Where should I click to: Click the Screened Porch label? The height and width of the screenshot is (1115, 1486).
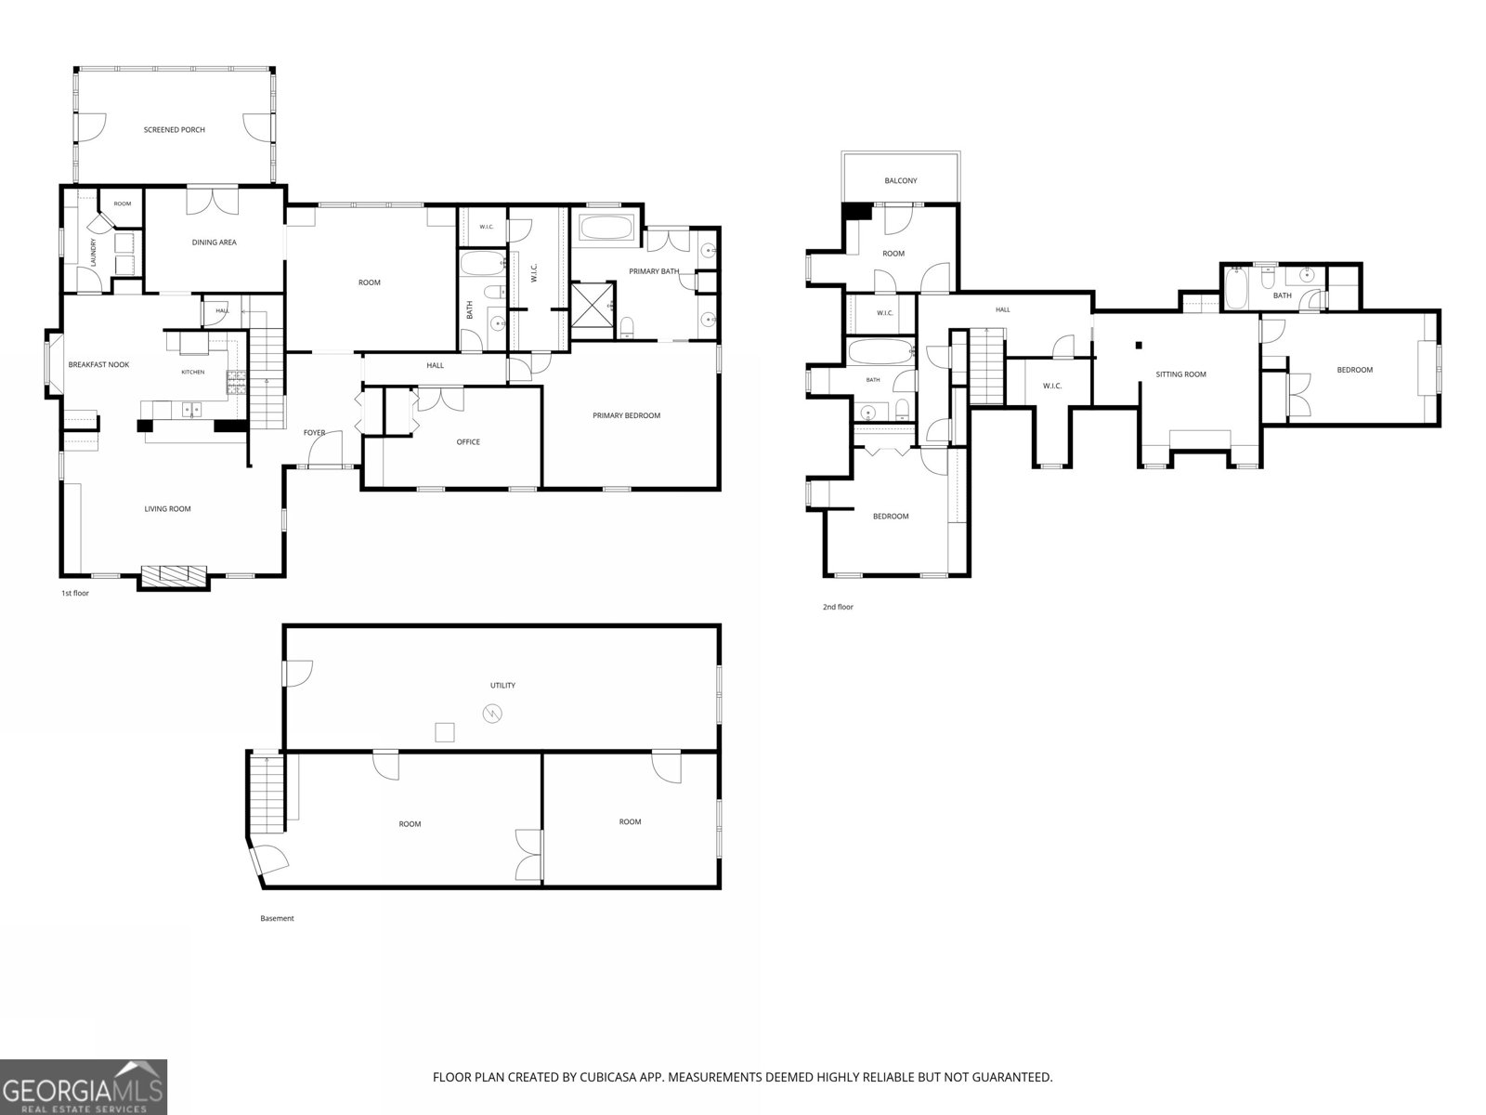(x=174, y=130)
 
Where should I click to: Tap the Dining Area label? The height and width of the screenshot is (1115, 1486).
(x=214, y=243)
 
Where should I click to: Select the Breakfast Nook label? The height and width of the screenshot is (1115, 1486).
(x=98, y=365)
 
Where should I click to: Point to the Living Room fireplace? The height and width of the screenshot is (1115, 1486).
(x=173, y=576)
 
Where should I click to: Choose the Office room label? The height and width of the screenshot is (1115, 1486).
(x=468, y=442)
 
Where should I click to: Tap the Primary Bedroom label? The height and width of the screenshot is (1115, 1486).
(x=626, y=415)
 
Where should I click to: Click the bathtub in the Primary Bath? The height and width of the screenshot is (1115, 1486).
(x=606, y=228)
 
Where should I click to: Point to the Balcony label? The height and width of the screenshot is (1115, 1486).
(x=901, y=181)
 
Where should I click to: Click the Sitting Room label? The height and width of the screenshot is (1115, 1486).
(x=1180, y=374)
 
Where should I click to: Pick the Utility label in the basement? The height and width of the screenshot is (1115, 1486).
(x=502, y=685)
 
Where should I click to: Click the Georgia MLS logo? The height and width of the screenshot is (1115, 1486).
(x=84, y=1087)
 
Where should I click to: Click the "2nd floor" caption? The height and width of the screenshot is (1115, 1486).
(x=838, y=608)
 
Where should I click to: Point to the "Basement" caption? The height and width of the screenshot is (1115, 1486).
(x=277, y=919)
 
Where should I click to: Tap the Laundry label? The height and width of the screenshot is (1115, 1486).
(x=94, y=252)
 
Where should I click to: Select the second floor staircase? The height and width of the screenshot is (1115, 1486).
(x=986, y=366)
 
